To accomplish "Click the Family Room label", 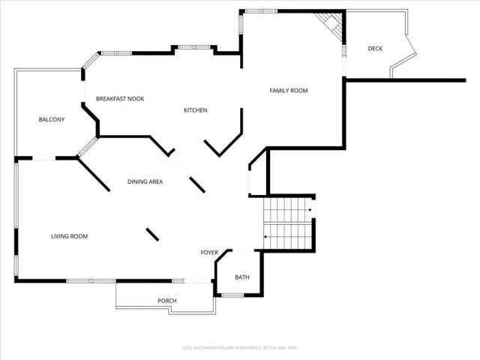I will pos(289,91).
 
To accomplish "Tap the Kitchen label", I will pos(195,110).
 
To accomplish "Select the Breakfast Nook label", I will pos(120,99).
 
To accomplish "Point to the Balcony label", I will pos(52,120).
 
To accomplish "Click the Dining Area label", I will pos(145,181).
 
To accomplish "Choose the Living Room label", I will pos(69,236).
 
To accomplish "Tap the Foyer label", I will pos(208,252).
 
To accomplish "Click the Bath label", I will pos(241,277).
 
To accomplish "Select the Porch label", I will pos(166,301).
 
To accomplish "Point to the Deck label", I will pos(375,49).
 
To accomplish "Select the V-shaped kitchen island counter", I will pos(225,139).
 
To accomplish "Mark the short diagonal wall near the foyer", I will pos(151,233).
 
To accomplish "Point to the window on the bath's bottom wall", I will pos(232,295).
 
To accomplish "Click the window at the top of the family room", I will pos(262,10).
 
